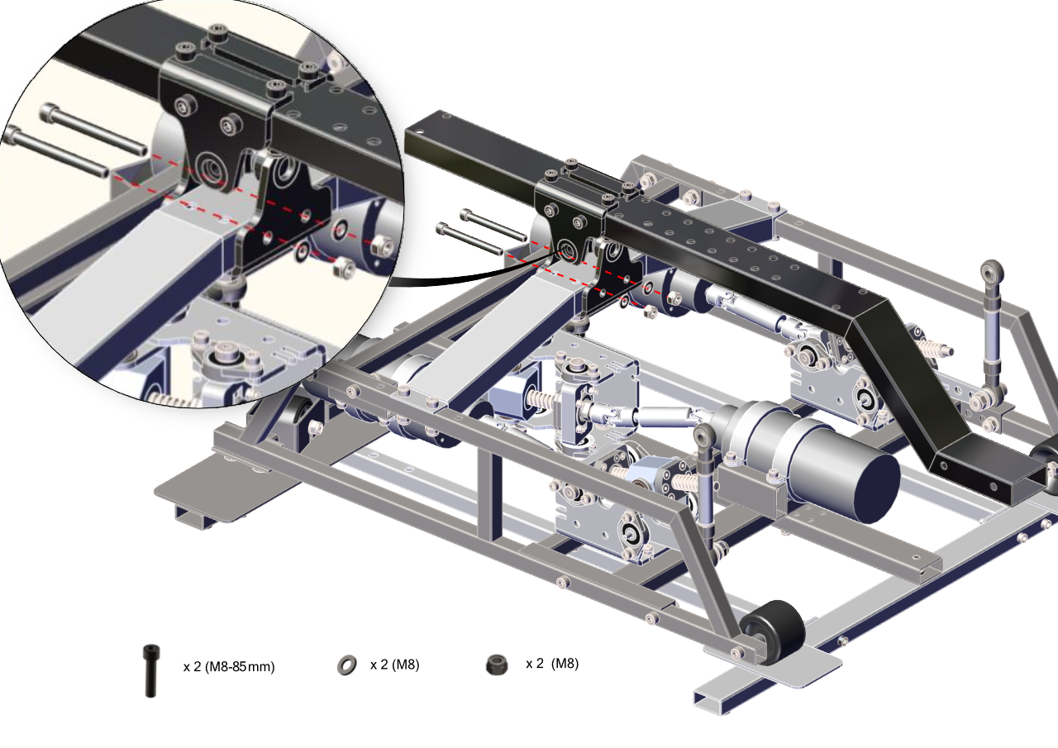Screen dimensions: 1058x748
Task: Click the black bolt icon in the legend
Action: point(150,670)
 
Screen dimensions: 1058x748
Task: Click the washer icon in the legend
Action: point(347,665)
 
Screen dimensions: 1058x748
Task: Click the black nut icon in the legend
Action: point(497,665)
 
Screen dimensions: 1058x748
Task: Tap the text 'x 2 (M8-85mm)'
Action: point(229,666)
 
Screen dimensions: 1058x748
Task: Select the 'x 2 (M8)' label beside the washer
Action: point(395,665)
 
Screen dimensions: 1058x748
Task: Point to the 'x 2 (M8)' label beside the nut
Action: point(552,664)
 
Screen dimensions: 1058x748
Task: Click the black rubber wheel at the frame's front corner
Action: point(773,632)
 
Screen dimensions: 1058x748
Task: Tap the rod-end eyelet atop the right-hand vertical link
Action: point(991,271)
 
